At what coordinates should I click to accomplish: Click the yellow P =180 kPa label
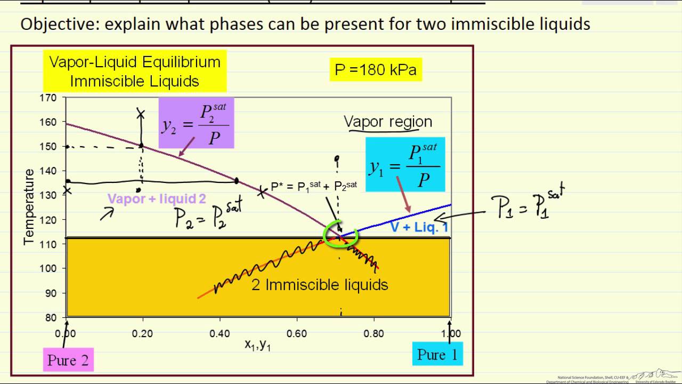click(376, 70)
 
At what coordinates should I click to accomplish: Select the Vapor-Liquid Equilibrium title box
click(135, 71)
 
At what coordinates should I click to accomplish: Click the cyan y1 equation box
click(405, 164)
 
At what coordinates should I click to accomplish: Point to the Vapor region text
click(388, 122)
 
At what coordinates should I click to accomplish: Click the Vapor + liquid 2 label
click(157, 199)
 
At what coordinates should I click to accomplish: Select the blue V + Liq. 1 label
click(419, 227)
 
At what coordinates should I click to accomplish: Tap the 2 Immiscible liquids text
click(319, 285)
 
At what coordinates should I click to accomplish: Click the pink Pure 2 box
click(68, 360)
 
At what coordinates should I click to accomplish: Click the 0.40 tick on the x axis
click(220, 334)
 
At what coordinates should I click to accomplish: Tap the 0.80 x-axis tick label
click(374, 334)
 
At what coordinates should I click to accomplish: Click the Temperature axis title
click(29, 207)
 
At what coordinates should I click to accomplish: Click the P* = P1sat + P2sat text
click(314, 187)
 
